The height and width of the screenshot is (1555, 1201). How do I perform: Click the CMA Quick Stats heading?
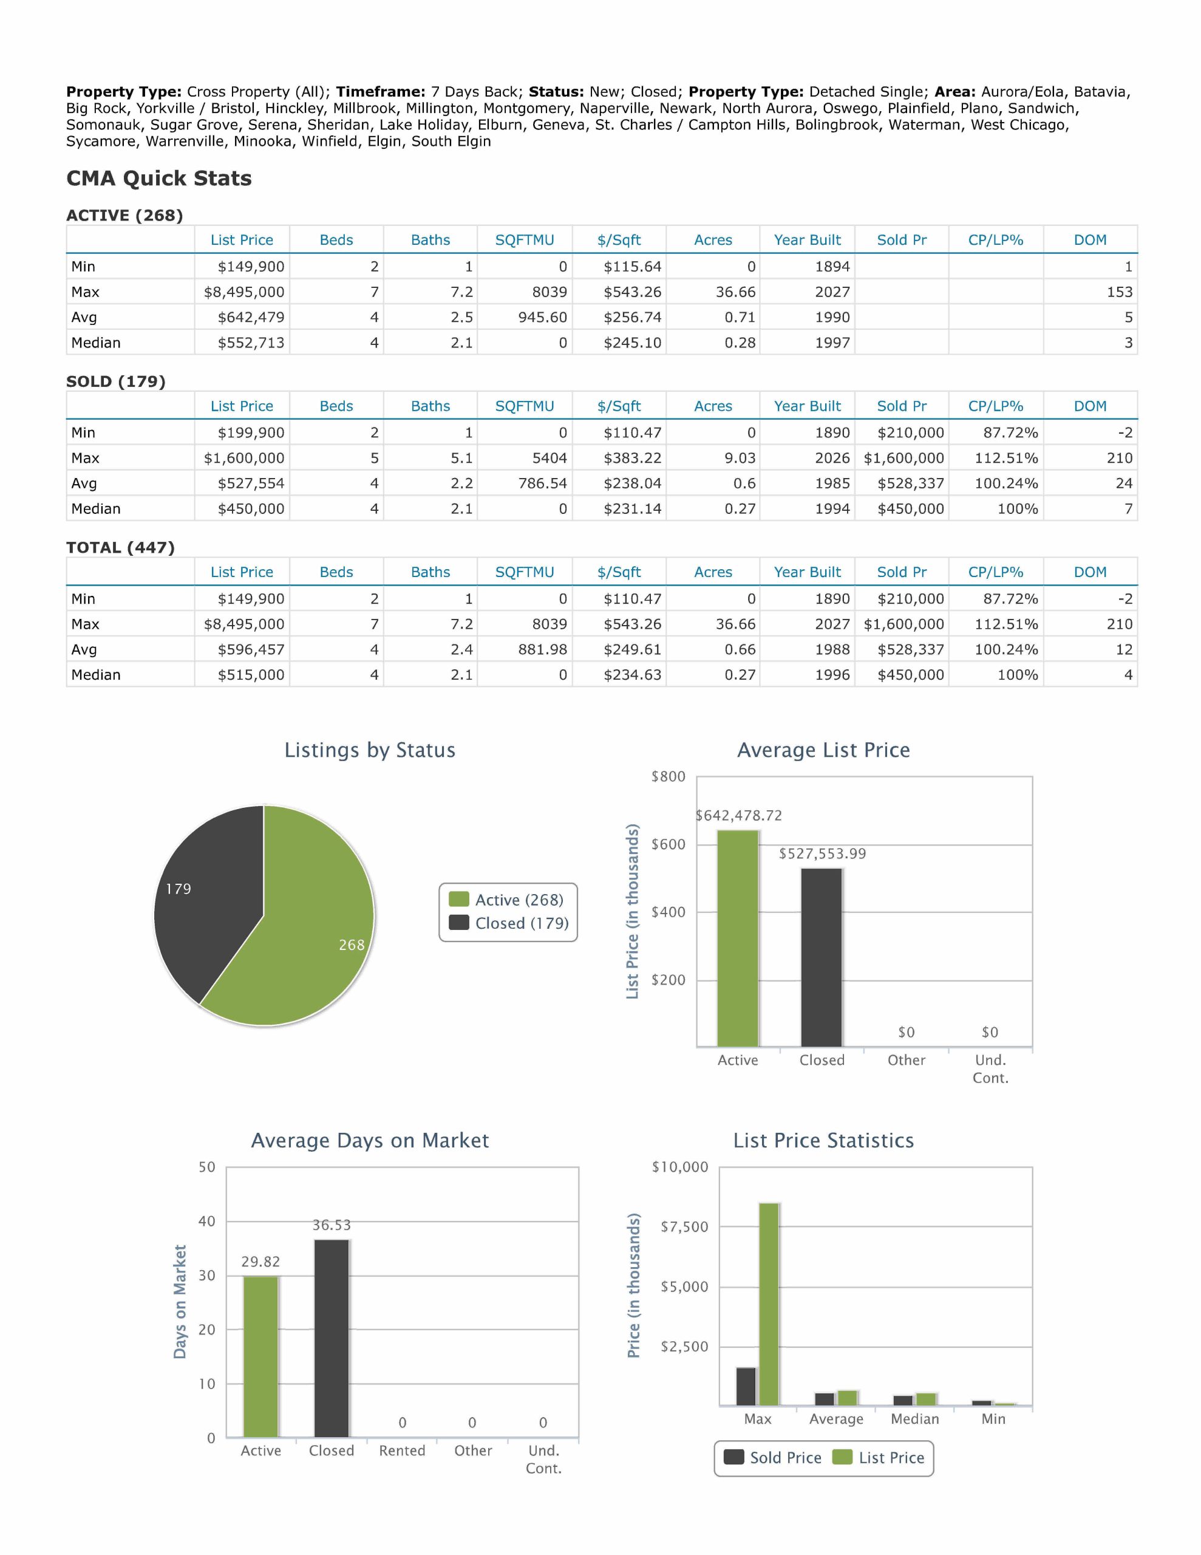(x=158, y=178)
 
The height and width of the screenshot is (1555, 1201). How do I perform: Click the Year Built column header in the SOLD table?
(x=808, y=406)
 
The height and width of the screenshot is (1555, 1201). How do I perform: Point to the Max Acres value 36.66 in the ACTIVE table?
(x=735, y=292)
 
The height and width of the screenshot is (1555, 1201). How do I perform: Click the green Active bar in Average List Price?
(x=738, y=938)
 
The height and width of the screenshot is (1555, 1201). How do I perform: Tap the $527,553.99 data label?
(x=822, y=853)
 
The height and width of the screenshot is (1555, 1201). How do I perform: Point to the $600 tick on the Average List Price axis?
(x=668, y=844)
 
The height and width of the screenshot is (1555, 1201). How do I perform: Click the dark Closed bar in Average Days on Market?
(x=332, y=1339)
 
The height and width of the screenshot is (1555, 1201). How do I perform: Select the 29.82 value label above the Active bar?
(x=260, y=1262)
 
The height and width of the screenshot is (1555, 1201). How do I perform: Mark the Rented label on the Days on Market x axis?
(x=402, y=1451)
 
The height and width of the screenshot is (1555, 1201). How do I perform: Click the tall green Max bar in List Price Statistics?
(x=769, y=1304)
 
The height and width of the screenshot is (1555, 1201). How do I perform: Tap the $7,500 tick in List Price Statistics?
(x=684, y=1227)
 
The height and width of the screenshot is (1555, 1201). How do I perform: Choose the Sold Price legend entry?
(x=772, y=1457)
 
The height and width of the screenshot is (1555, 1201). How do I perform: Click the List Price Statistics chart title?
(x=824, y=1141)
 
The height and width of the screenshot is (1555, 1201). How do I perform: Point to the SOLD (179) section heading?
(x=116, y=381)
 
